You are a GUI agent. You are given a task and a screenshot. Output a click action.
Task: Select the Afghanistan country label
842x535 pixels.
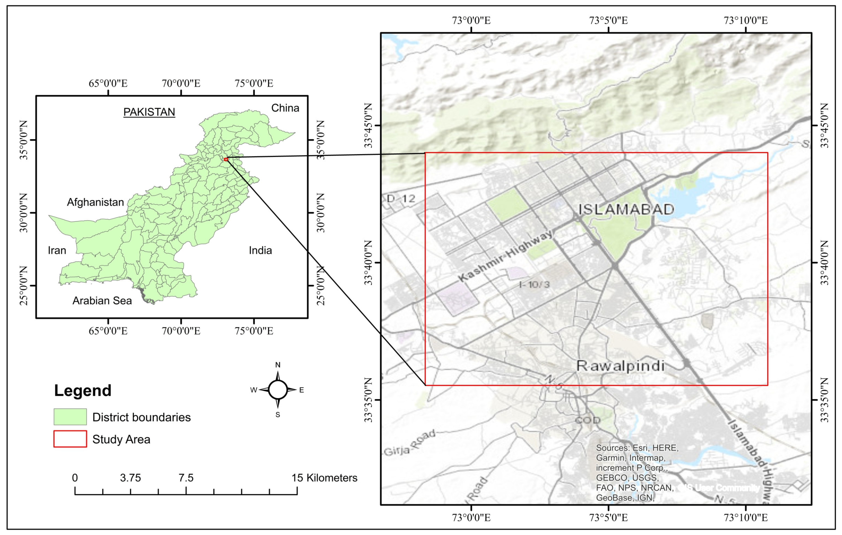pos(95,202)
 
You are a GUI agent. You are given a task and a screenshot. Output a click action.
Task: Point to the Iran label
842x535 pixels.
pos(57,250)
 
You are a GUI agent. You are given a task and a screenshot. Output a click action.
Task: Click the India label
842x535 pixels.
pos(260,250)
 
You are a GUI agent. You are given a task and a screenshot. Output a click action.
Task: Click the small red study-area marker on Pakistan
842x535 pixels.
pos(226,159)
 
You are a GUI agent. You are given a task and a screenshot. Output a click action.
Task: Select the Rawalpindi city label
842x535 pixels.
pos(620,366)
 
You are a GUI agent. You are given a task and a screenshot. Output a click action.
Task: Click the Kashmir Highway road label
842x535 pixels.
pos(506,256)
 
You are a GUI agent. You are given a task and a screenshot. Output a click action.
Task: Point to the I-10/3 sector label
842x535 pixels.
pos(534,285)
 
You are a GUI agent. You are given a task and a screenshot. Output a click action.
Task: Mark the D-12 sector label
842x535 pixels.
pos(401,199)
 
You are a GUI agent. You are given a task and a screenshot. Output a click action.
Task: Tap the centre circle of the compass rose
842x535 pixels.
pos(278,390)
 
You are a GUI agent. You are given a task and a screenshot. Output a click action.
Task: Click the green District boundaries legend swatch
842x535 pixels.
pos(70,417)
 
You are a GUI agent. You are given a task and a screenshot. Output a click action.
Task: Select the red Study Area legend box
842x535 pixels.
pos(70,439)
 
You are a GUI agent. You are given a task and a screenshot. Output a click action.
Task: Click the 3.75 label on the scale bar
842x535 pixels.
pos(130,478)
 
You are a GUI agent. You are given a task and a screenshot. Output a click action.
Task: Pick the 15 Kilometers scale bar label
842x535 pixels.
pos(324,478)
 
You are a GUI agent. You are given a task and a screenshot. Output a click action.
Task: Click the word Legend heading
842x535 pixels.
pos(83,390)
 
